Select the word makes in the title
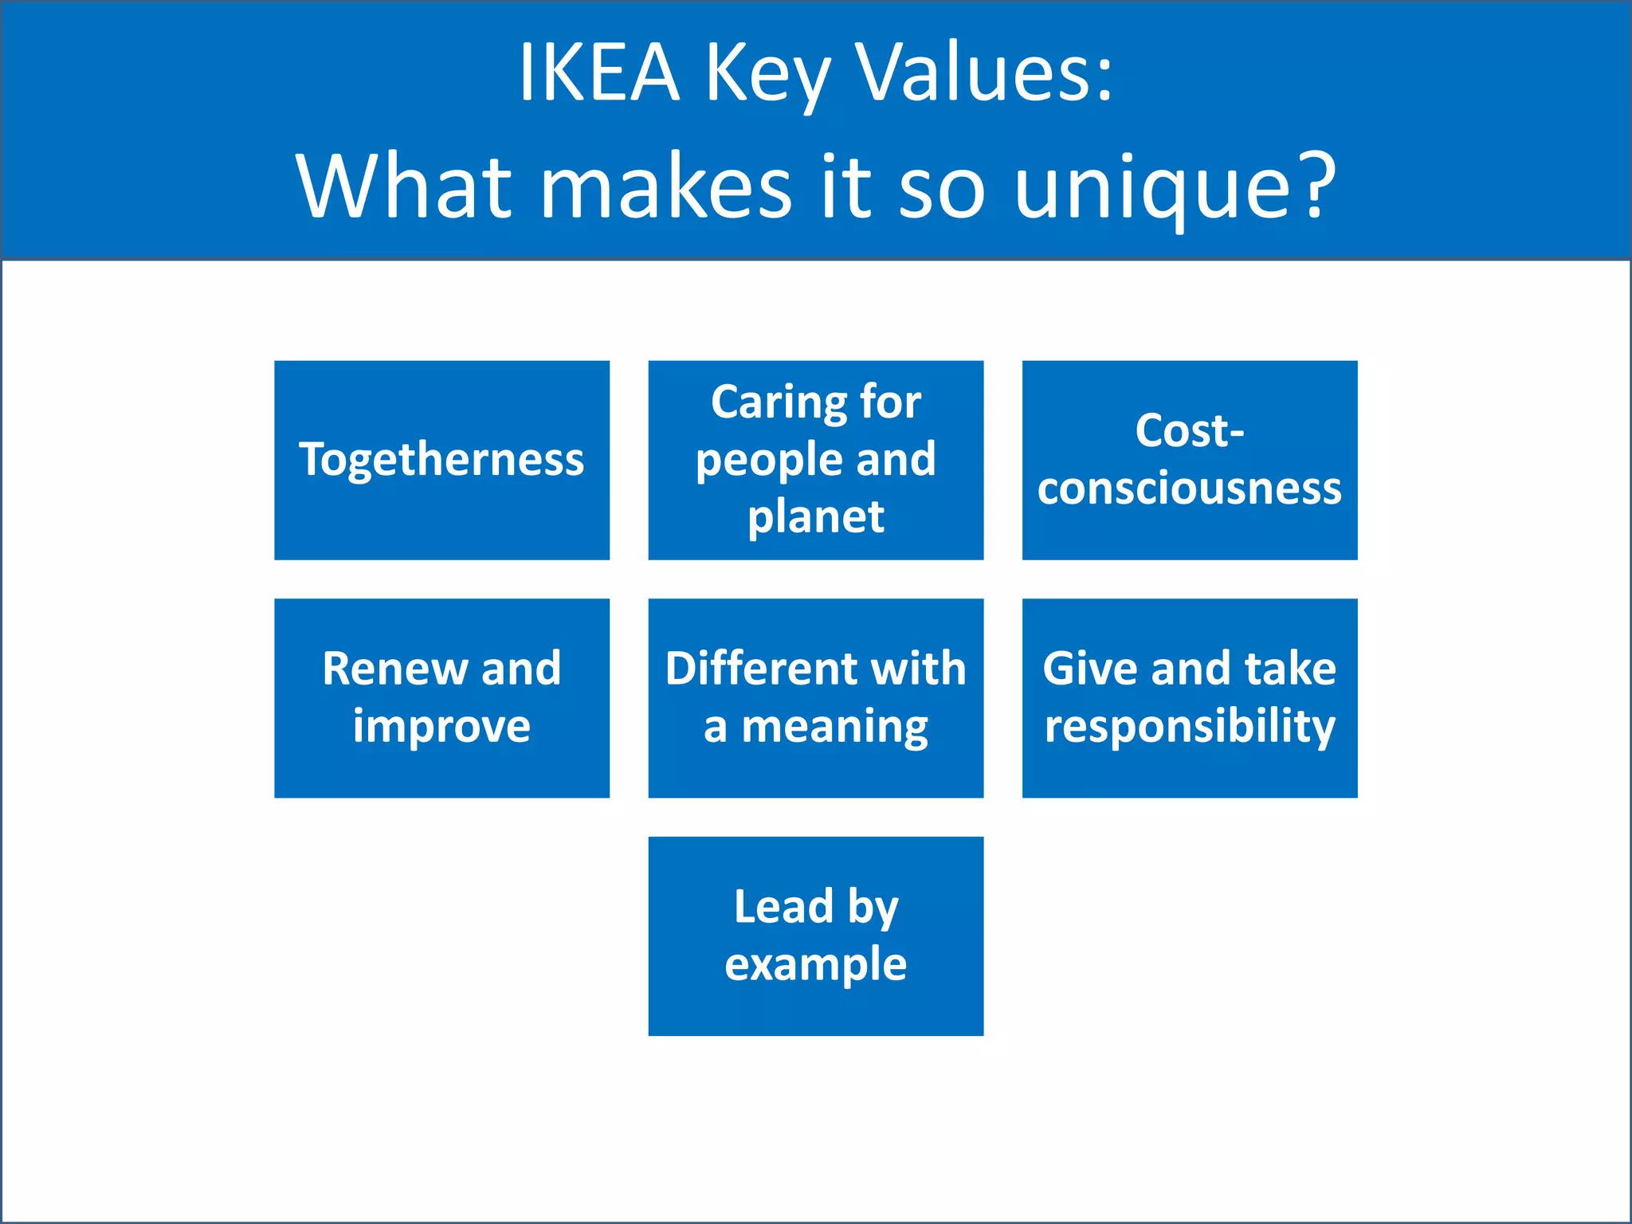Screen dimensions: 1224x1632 point(666,186)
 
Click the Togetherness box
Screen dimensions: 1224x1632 point(441,460)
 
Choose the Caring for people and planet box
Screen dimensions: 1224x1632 point(815,460)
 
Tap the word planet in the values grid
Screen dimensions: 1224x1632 point(815,517)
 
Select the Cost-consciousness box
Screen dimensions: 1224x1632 point(1189,460)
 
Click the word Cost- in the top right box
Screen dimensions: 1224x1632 point(1189,431)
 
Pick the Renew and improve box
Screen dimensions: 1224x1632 point(441,697)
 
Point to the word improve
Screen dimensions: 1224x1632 point(441,727)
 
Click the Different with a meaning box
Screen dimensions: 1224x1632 point(815,697)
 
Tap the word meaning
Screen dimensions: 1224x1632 point(834,727)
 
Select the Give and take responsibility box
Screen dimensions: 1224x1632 point(1189,697)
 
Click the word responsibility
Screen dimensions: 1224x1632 point(1189,727)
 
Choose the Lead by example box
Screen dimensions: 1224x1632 point(815,936)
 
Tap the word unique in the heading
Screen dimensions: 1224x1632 point(1151,188)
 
